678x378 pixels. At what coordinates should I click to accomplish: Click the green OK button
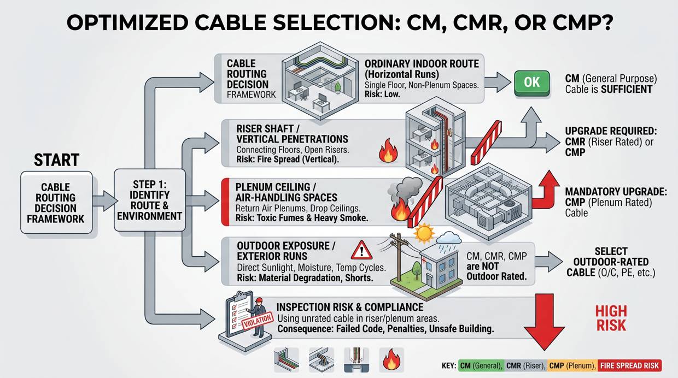[531, 82]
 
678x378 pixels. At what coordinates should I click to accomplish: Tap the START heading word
[56, 160]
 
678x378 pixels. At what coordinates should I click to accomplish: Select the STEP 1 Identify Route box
[149, 202]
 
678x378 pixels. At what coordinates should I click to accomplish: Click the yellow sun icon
[423, 233]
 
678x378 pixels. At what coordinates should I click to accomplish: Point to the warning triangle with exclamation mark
[361, 251]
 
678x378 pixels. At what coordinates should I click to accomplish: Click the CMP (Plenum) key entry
[571, 365]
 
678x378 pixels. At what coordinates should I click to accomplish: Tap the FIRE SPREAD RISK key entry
[629, 365]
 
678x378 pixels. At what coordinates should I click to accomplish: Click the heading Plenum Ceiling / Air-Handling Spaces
[287, 192]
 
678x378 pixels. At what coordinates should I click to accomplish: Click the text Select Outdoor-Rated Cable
[610, 262]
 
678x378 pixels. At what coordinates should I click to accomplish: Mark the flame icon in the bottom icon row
[391, 361]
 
